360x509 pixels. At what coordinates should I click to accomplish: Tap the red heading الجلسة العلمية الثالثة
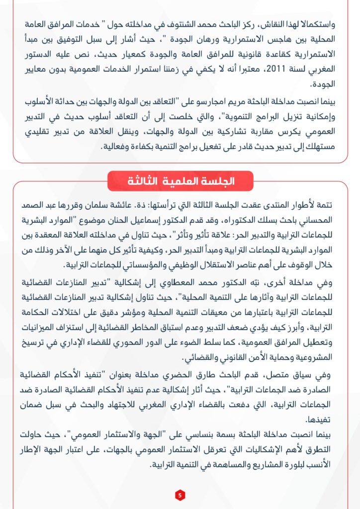coord(180,181)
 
